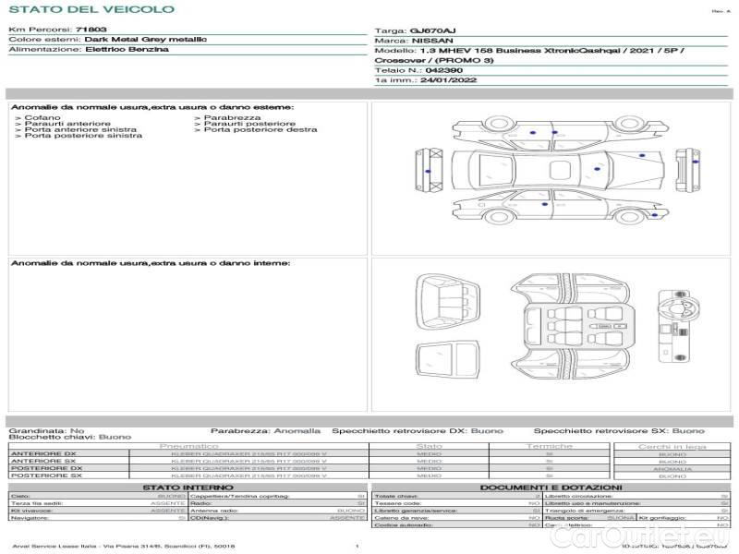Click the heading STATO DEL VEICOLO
(91, 9)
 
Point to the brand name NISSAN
(431, 41)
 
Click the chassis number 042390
(444, 70)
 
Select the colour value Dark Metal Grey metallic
(145, 40)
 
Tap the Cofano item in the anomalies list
(42, 118)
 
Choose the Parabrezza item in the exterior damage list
(232, 118)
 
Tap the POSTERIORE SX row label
(45, 476)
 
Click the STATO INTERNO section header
(188, 488)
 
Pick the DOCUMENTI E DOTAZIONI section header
(551, 488)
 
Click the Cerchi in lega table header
(672, 446)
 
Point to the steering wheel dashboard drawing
(675, 304)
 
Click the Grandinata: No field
(46, 430)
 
